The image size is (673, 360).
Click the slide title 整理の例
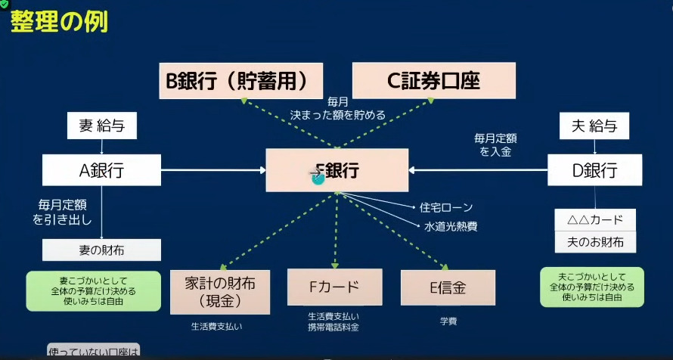coord(59,20)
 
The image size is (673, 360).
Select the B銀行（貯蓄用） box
coord(240,81)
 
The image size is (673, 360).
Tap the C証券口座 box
coord(433,81)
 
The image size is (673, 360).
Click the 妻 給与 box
coord(102,126)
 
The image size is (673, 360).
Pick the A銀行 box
coord(101,171)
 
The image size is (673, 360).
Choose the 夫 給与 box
coord(594,126)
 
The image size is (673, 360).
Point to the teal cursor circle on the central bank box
coord(318,177)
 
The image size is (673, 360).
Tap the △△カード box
coord(594,220)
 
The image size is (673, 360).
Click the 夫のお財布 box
coord(594,242)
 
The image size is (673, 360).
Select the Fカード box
coord(333,287)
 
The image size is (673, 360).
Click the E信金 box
coord(448,287)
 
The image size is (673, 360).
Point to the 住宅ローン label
coord(448,207)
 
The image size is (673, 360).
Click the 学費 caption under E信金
coord(448,321)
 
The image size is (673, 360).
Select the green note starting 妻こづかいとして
coord(94,291)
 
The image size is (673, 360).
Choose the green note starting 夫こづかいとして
coord(592,287)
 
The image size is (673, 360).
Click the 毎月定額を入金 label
coord(495,145)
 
